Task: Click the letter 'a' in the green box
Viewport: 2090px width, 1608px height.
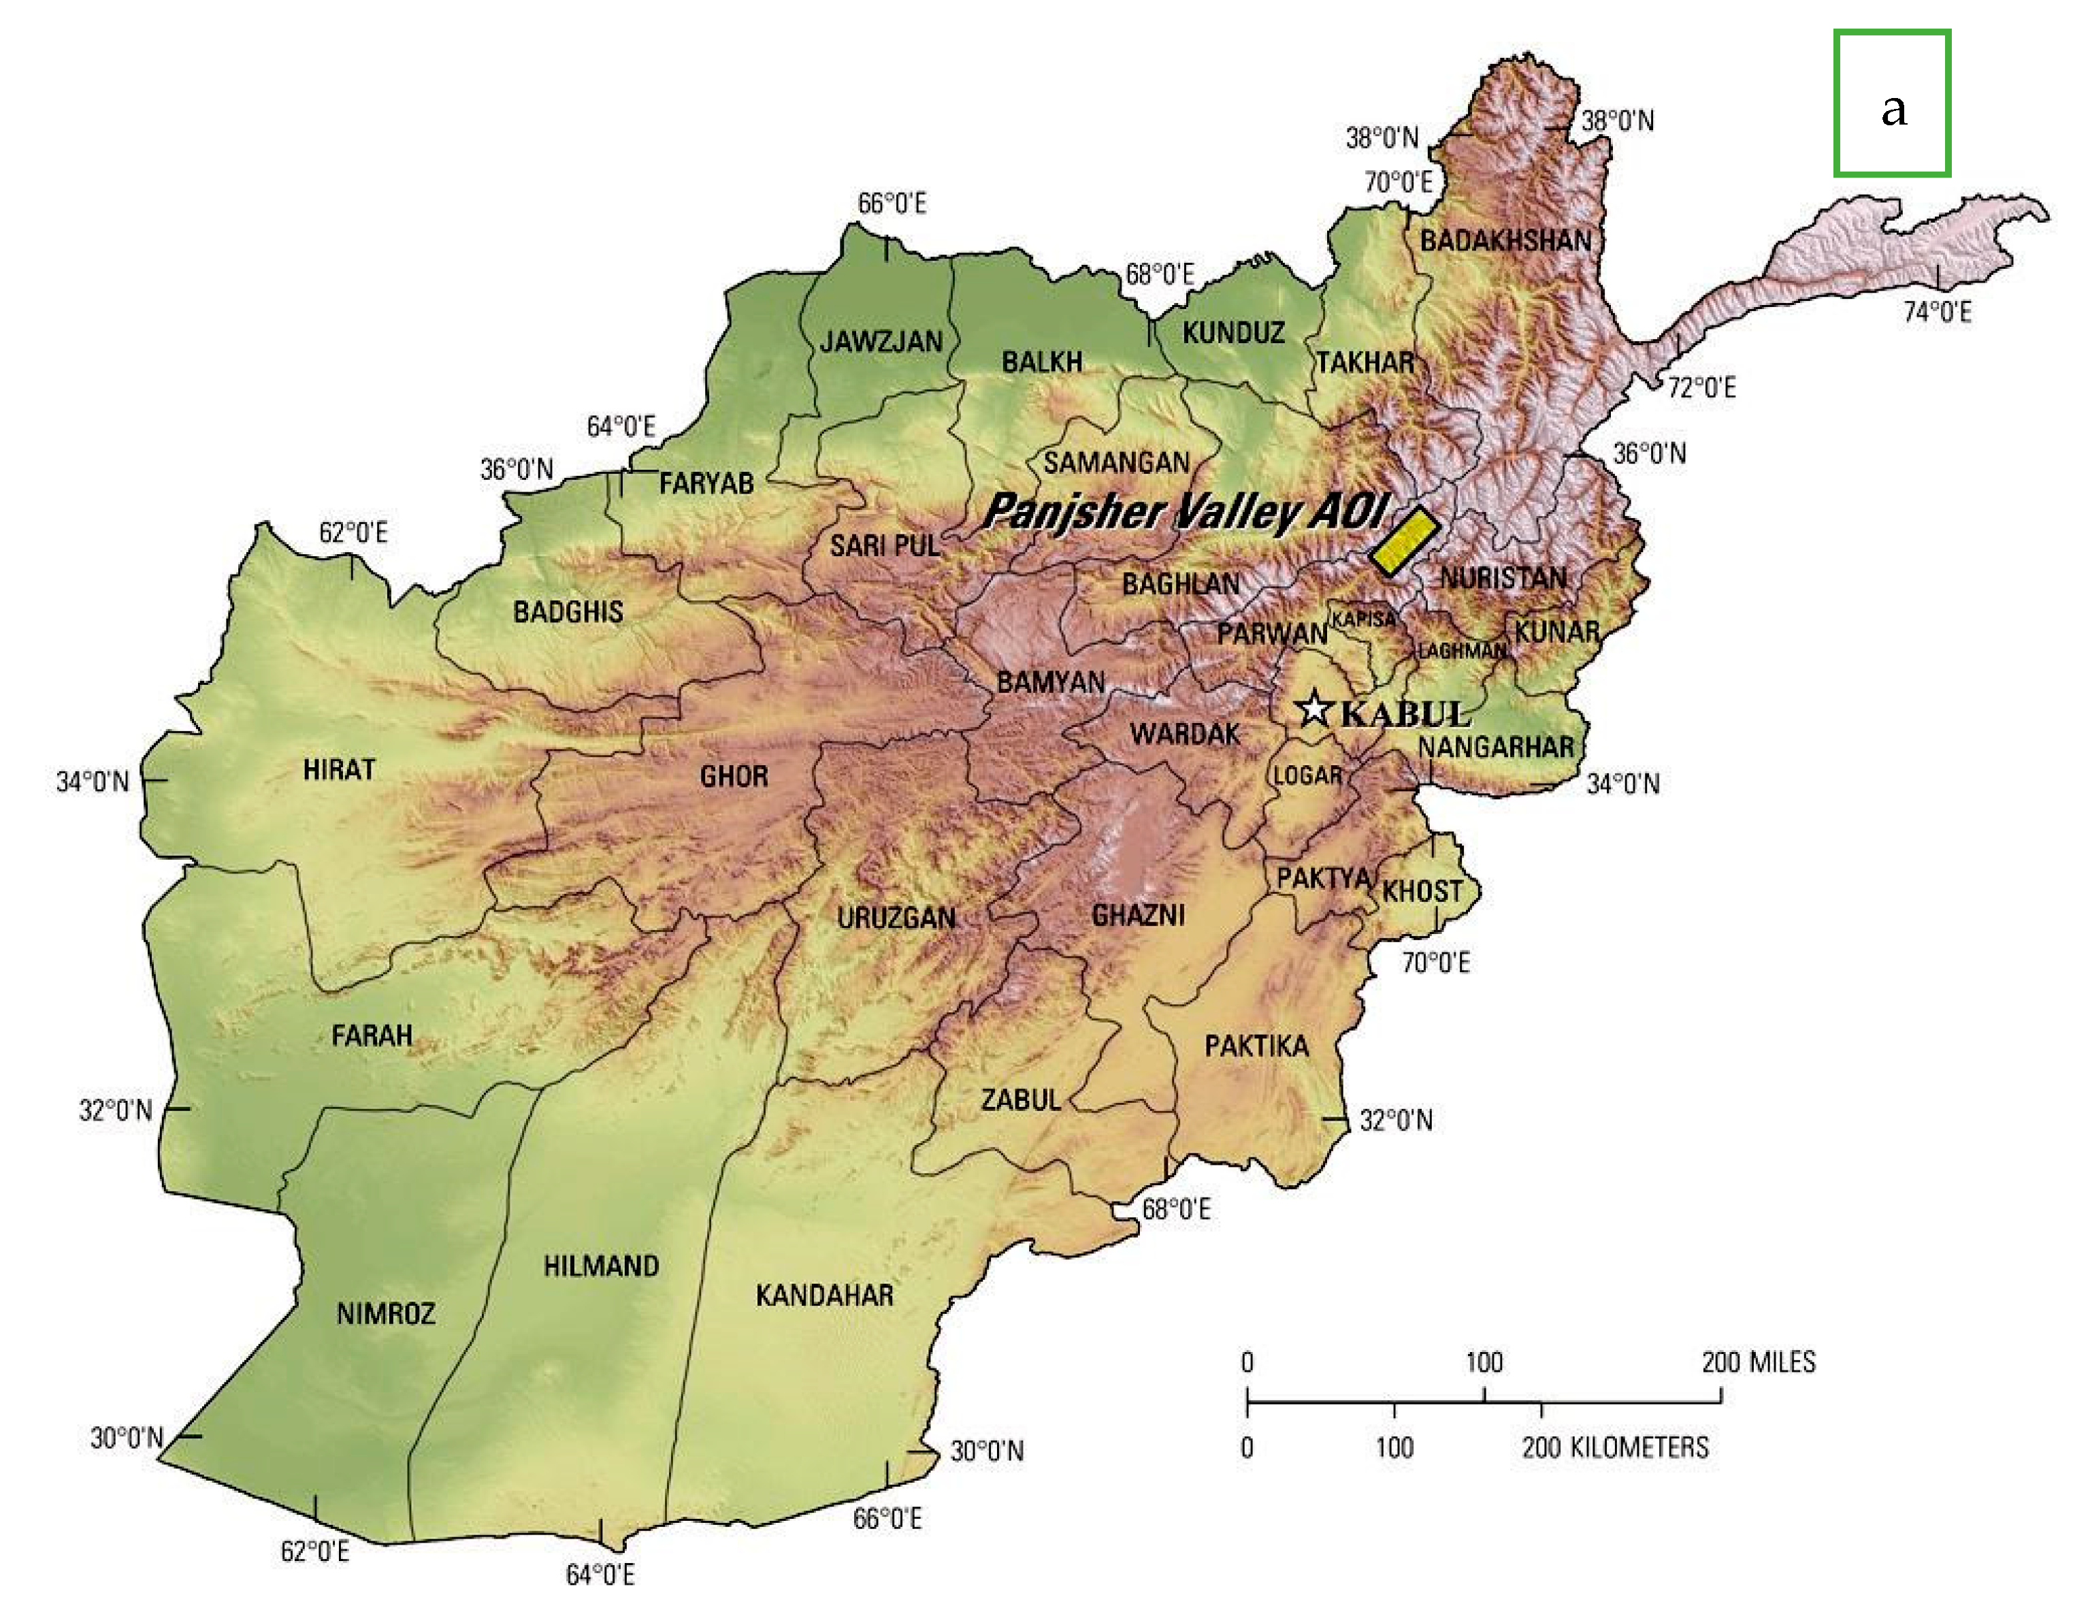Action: point(1893,108)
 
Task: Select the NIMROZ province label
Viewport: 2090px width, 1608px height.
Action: point(386,1313)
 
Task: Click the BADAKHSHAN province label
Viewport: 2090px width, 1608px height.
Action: point(1505,240)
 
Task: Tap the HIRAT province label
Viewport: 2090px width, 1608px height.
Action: point(339,769)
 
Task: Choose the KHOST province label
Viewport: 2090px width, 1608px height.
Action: point(1422,891)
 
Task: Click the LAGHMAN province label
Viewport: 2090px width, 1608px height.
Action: point(1461,651)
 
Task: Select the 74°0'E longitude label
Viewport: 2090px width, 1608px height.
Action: point(1936,312)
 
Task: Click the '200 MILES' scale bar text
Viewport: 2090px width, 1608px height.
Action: point(1758,1362)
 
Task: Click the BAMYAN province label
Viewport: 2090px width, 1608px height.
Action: point(1051,682)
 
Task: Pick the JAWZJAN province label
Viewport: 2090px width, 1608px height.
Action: point(881,341)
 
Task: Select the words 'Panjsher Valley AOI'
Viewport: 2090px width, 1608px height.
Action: point(1183,511)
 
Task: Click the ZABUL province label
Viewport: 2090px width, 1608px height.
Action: point(1021,1099)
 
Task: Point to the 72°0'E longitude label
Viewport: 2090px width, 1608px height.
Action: point(1701,387)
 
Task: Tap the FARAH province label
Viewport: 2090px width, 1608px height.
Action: point(372,1035)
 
